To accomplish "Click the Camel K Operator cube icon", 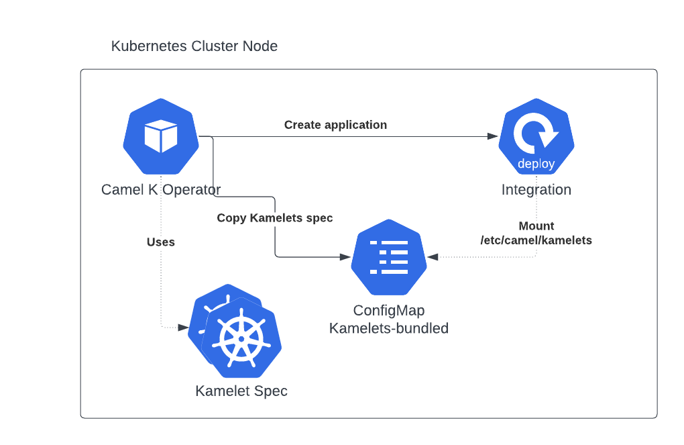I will point(161,136).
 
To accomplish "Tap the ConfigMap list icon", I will point(389,257).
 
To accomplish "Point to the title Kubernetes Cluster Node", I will point(194,46).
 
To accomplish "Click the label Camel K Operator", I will point(161,189).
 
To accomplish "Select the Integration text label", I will point(536,189).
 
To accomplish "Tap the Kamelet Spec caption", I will point(241,391).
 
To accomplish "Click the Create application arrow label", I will point(335,125).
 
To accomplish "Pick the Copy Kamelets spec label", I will point(275,218).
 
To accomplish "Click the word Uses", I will point(161,242).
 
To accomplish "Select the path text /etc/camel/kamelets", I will point(536,240).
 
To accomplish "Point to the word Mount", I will point(536,226).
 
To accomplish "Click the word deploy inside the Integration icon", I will point(536,164).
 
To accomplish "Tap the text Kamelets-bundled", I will point(389,328).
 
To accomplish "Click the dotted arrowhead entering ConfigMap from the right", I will point(433,256).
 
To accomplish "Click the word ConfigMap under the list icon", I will point(389,311).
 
